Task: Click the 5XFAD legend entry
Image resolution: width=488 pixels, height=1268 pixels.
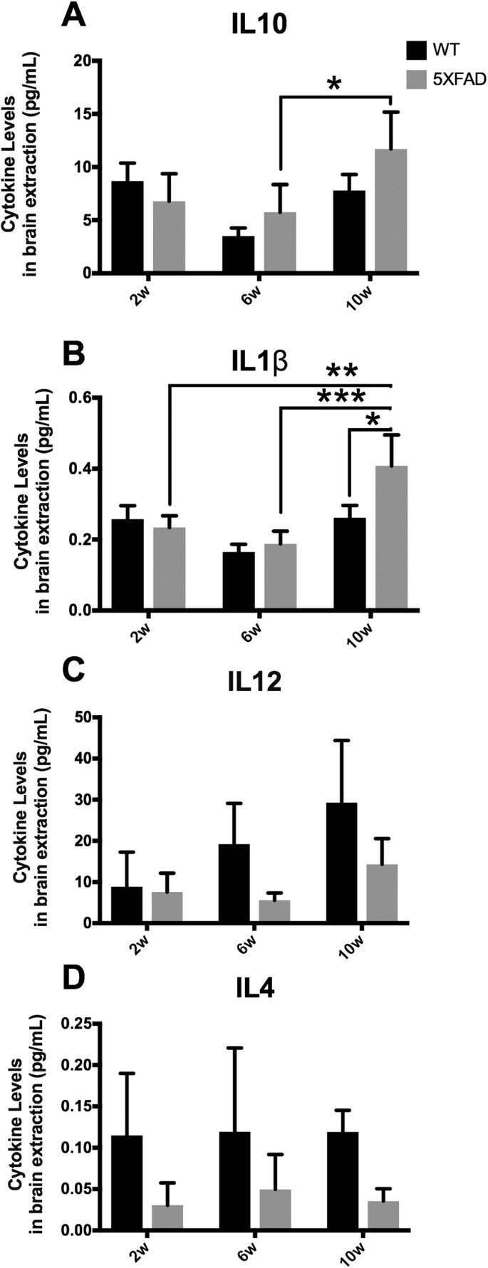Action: pos(446,79)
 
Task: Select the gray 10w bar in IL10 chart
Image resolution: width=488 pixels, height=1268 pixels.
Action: pos(392,210)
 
